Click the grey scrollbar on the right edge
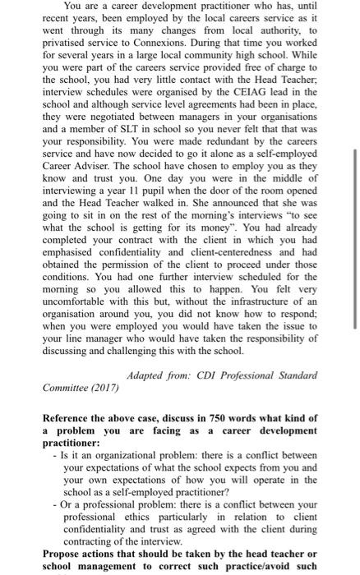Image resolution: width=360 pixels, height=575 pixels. [x=354, y=238]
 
